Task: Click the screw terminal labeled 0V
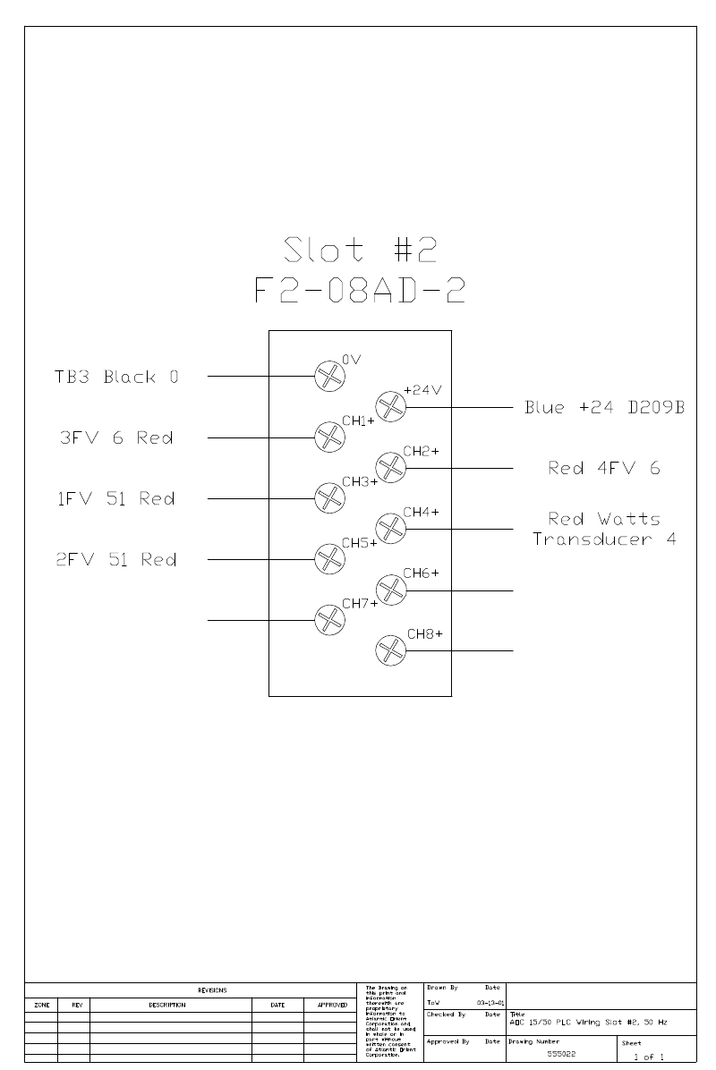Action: [x=329, y=376]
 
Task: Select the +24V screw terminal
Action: [x=390, y=406]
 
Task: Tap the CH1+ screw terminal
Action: [x=329, y=437]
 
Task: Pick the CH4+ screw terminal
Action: [x=390, y=528]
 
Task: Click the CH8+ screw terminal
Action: [x=390, y=650]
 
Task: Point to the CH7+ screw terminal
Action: [x=329, y=619]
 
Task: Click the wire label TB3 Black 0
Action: [x=117, y=377]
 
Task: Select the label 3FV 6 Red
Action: [x=115, y=437]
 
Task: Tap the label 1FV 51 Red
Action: [x=116, y=498]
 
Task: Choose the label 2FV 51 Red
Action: [x=116, y=559]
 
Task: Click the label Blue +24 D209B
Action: [x=604, y=408]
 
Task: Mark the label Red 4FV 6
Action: [x=604, y=468]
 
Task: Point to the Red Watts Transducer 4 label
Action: [x=604, y=529]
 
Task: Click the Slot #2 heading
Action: [x=360, y=250]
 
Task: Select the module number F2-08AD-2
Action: [x=360, y=292]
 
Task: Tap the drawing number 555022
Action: [x=561, y=1055]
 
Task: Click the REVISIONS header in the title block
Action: [x=212, y=990]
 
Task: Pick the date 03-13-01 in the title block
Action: [x=490, y=1004]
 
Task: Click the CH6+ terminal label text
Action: [x=421, y=573]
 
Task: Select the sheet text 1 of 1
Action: [x=649, y=1057]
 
